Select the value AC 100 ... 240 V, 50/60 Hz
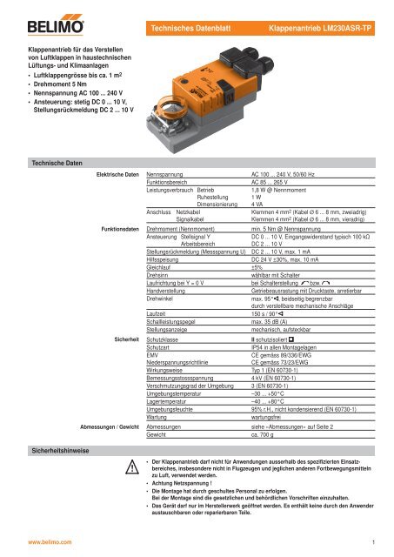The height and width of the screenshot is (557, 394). [x=290, y=176]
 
